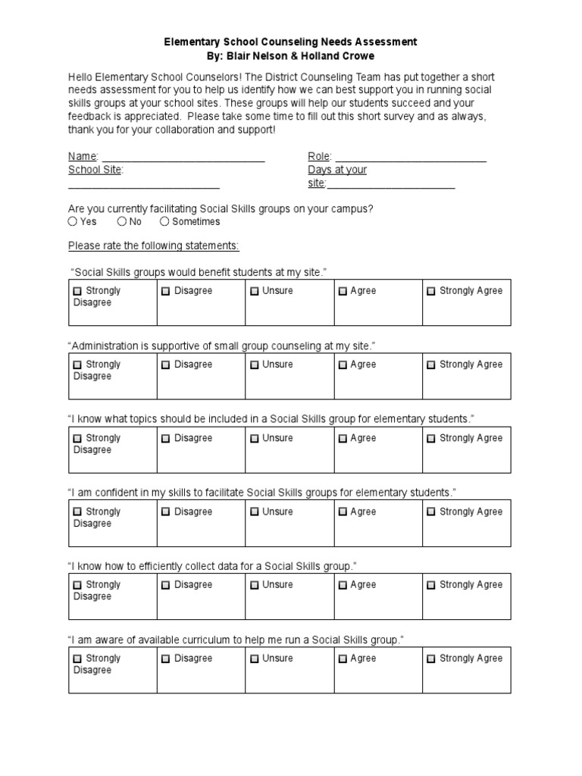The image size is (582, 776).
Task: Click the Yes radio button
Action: tap(73, 222)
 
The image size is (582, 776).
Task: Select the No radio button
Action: tap(123, 222)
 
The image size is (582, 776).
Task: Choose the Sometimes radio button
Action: tap(165, 222)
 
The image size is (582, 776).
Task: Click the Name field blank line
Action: tap(182, 158)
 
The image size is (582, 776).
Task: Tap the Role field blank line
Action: tap(409, 158)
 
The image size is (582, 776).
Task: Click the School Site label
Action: tap(95, 170)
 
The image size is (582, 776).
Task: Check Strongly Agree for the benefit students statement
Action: tap(431, 291)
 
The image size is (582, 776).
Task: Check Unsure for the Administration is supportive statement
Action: tap(255, 365)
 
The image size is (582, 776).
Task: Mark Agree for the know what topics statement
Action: tap(343, 438)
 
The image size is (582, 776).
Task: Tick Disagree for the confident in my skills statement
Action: tap(166, 512)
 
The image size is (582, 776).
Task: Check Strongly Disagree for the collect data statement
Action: tap(77, 585)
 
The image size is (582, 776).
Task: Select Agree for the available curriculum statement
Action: tap(343, 659)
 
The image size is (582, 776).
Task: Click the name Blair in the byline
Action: tap(239, 56)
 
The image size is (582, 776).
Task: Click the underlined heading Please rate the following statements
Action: tap(153, 246)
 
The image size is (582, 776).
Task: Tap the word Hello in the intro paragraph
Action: tap(81, 78)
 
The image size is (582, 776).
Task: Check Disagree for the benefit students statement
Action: tap(166, 291)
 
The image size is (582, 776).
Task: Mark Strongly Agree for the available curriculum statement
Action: tap(431, 659)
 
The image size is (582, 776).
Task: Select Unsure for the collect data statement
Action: tap(255, 585)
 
